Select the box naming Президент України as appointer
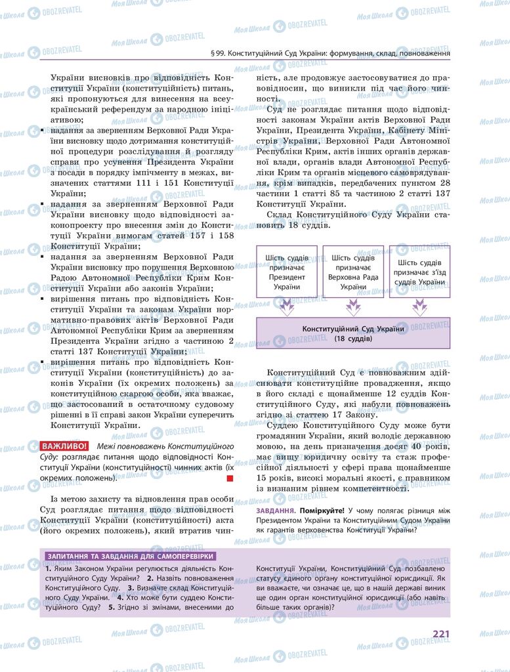(287, 271)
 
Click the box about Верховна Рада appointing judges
(353, 271)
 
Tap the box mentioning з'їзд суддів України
(419, 271)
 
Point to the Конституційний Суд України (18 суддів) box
(353, 333)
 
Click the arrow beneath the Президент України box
(287, 306)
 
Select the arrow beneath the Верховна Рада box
(353, 306)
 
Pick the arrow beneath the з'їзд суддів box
(419, 306)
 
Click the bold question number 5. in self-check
(112, 608)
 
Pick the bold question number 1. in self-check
(49, 568)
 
